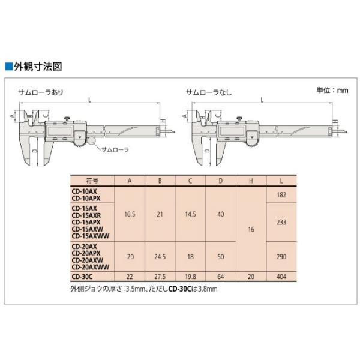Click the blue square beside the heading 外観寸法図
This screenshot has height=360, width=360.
tap(9, 67)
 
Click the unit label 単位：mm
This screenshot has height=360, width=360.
tap(332, 90)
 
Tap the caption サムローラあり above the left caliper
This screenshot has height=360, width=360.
tap(41, 92)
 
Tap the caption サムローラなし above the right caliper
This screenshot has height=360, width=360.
tap(209, 92)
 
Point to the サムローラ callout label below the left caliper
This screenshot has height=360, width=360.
tap(115, 149)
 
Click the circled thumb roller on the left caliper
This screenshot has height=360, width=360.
tap(92, 141)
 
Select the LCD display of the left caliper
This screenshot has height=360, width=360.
tap(59, 131)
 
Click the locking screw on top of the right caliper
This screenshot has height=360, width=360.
tap(239, 118)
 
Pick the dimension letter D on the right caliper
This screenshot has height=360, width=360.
tap(207, 151)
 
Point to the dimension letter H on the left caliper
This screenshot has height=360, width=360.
tap(163, 121)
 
